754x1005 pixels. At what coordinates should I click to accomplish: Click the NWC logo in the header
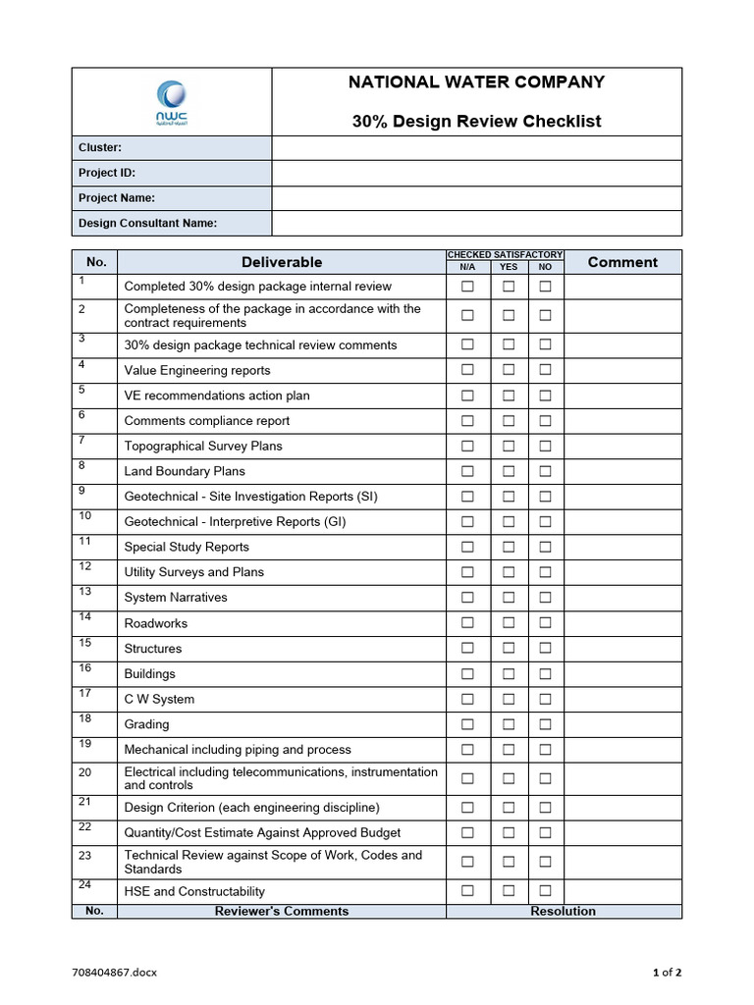coord(172,102)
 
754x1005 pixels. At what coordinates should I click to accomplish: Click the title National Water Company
coord(476,82)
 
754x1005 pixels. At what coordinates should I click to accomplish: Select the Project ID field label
coord(107,173)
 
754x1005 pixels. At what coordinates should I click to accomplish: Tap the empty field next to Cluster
coord(476,148)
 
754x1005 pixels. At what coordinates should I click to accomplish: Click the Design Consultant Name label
coord(147,223)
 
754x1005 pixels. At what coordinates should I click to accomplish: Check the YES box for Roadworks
coord(509,622)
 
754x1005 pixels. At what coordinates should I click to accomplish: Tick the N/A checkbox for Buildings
coord(467,673)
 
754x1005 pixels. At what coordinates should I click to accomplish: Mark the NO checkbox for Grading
coord(545,723)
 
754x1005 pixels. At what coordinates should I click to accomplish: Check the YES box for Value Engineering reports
coord(509,370)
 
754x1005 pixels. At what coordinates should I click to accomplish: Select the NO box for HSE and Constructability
coord(545,891)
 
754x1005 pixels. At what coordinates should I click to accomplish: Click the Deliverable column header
coord(282,262)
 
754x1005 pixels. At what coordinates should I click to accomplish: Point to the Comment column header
coord(622,262)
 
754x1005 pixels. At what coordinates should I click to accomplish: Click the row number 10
coord(85,516)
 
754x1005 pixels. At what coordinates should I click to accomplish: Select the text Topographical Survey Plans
coord(203,446)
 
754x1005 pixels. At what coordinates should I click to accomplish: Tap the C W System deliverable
coord(159,699)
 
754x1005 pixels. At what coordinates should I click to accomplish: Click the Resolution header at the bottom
coord(563,911)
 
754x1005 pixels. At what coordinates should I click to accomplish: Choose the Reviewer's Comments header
coord(282,911)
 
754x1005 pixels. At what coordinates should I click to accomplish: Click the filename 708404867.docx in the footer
coord(114,973)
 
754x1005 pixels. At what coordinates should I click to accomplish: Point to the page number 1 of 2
coord(667,973)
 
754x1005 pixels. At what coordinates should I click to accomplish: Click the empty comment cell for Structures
coord(622,648)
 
